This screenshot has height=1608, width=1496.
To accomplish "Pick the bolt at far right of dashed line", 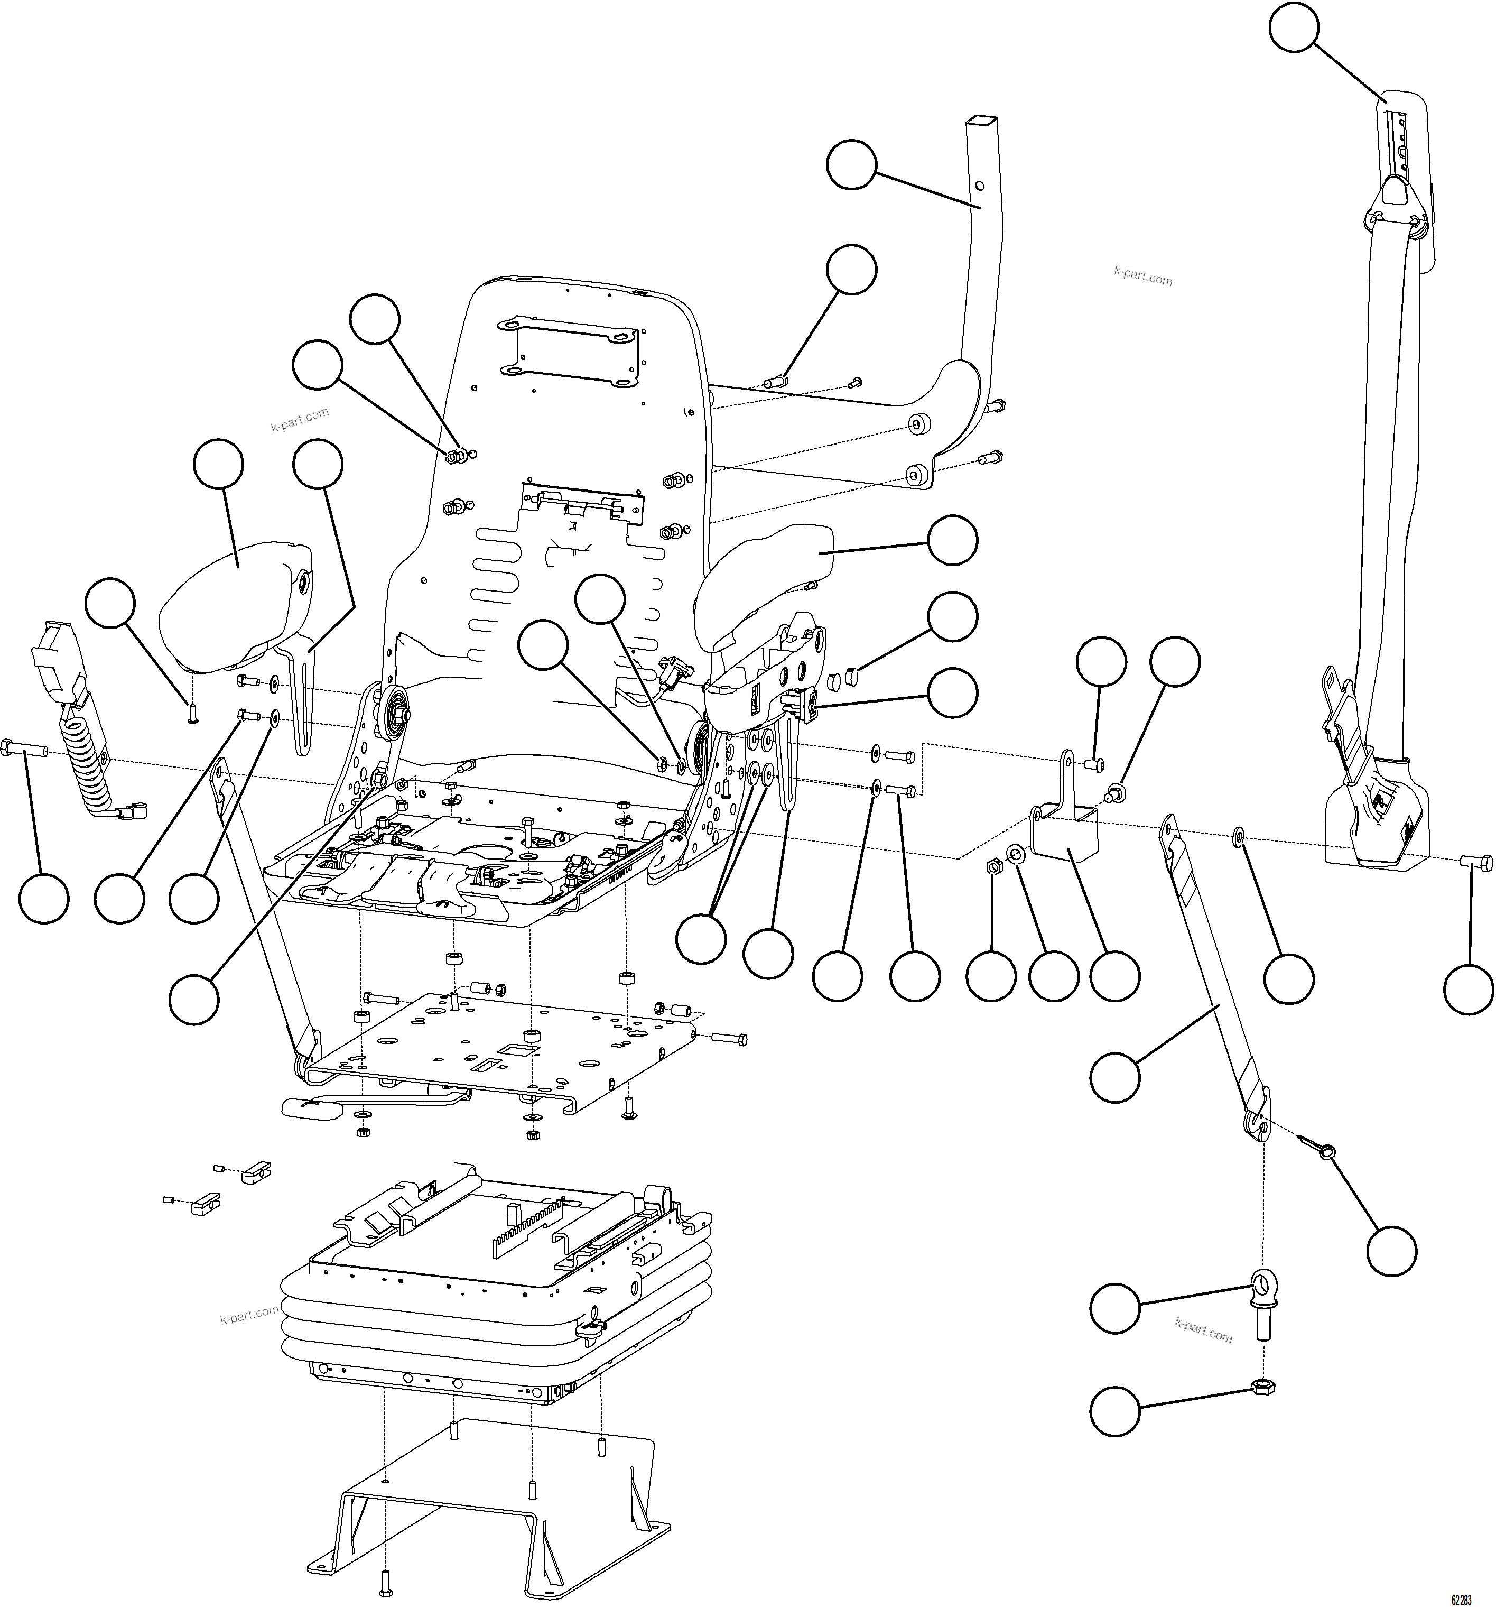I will [1476, 862].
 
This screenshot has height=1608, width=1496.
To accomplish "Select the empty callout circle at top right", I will [1293, 29].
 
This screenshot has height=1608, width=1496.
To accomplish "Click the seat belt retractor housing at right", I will [1374, 817].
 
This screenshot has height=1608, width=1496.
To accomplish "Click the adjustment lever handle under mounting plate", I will [311, 1107].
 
